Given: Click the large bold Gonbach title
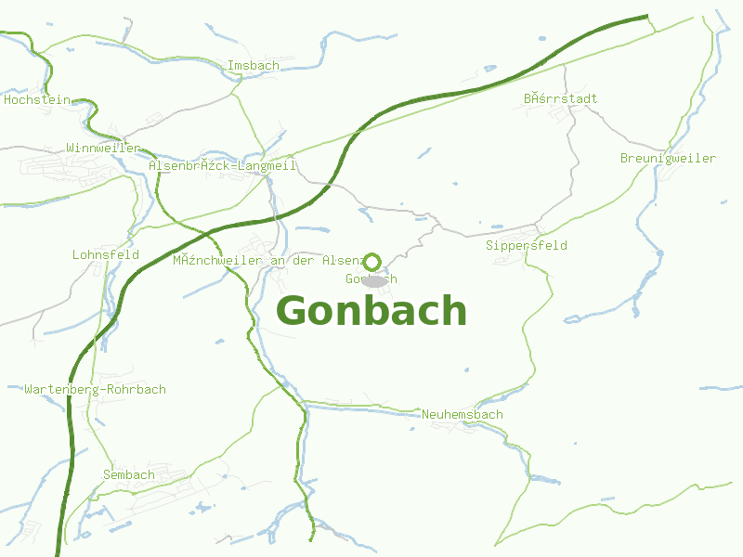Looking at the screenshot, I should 371,311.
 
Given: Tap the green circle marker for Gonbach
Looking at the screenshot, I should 371,262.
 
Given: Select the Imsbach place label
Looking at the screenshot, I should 253,66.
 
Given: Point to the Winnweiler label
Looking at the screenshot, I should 102,149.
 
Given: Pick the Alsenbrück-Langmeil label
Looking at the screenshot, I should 222,166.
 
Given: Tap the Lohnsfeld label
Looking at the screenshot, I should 105,254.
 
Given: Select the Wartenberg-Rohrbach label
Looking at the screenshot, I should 95,389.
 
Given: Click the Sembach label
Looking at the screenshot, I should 129,475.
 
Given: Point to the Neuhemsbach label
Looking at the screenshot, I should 462,415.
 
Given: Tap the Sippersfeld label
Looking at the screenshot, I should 526,246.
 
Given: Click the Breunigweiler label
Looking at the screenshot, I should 668,159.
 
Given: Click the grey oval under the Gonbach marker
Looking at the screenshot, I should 373,280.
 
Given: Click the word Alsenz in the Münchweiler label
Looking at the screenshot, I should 340,261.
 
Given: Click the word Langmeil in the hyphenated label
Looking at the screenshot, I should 267,166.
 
